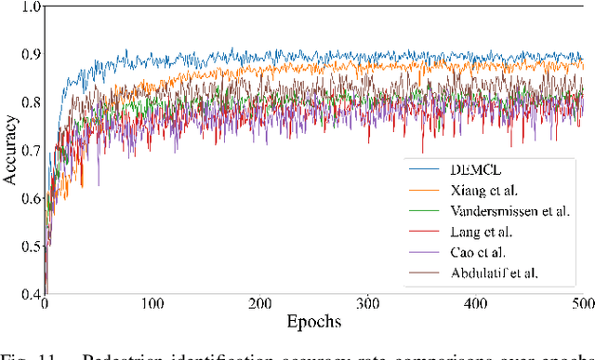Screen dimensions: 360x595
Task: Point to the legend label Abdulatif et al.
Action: click(x=497, y=273)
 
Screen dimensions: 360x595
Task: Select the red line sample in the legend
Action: click(x=424, y=232)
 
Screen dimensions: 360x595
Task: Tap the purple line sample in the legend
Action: click(x=424, y=253)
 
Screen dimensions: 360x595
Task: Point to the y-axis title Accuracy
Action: click(x=11, y=150)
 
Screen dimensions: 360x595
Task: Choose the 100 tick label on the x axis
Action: click(x=151, y=304)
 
